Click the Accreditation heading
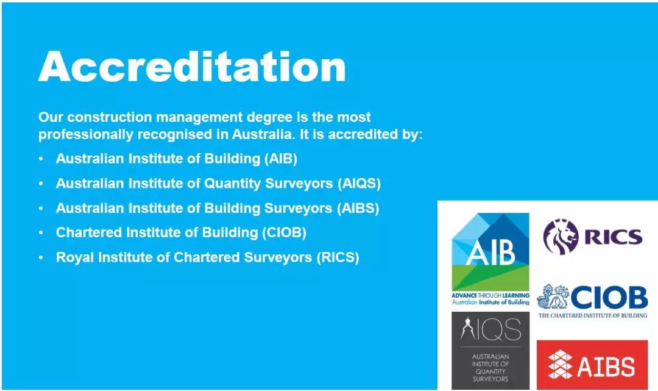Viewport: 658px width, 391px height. click(192, 66)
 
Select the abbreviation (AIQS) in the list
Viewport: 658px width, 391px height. click(359, 184)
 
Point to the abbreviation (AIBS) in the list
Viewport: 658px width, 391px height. click(358, 208)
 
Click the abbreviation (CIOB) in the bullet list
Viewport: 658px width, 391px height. click(284, 232)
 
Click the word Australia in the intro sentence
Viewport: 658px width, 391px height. click(262, 134)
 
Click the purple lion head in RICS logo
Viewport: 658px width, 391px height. click(561, 237)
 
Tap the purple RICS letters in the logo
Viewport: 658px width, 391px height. click(614, 237)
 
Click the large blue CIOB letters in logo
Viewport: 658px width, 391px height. click(609, 297)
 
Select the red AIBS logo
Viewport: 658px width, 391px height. click(592, 365)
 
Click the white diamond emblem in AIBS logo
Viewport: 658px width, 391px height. click(561, 365)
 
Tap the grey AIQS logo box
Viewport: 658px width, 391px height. click(490, 351)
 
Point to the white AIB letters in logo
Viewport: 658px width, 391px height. click(490, 253)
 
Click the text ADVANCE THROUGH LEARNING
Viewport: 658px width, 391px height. click(490, 296)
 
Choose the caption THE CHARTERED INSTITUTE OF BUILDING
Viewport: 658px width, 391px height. click(593, 315)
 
